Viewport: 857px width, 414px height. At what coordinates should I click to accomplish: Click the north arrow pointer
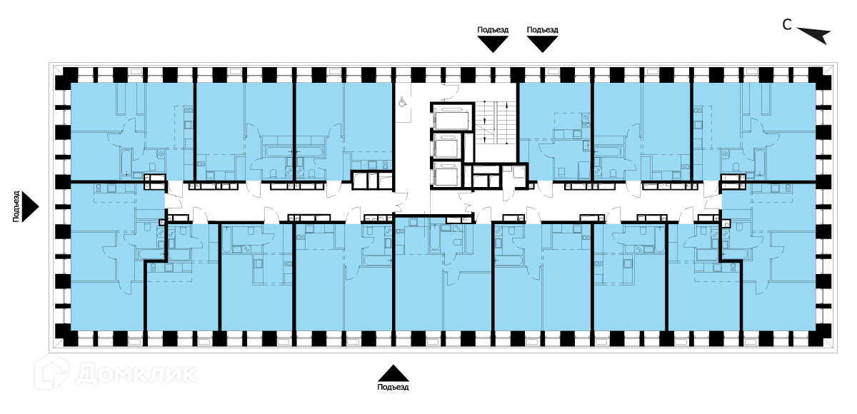pyautogui.click(x=813, y=34)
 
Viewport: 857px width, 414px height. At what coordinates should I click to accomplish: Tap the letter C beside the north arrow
pyautogui.click(x=786, y=26)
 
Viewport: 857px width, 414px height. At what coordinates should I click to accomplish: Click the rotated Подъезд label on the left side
pyautogui.click(x=16, y=206)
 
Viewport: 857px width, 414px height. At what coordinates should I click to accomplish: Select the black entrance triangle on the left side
pyautogui.click(x=30, y=206)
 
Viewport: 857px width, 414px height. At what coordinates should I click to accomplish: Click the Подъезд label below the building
pyautogui.click(x=393, y=388)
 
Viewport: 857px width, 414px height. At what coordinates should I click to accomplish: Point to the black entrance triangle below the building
pyautogui.click(x=393, y=373)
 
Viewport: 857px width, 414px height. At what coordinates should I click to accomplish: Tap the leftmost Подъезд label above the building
pyautogui.click(x=493, y=29)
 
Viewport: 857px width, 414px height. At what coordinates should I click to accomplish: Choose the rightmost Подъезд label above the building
pyautogui.click(x=542, y=29)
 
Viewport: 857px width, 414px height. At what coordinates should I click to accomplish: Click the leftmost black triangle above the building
pyautogui.click(x=493, y=44)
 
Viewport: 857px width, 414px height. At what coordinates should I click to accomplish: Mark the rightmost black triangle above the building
pyautogui.click(x=542, y=44)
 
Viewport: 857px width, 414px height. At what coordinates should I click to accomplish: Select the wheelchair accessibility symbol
pyautogui.click(x=402, y=102)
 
